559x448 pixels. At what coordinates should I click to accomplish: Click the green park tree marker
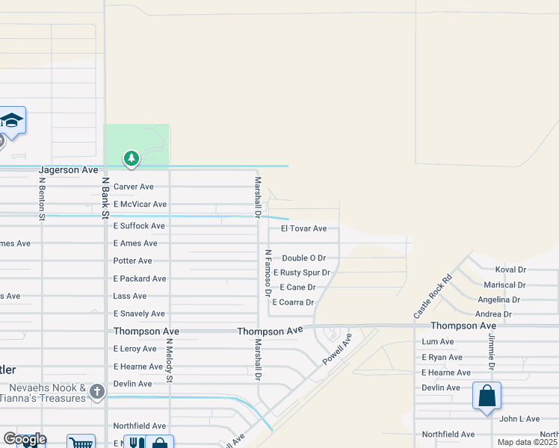132,158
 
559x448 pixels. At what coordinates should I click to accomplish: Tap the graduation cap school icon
11,120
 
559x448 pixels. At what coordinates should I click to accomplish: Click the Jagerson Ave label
69,170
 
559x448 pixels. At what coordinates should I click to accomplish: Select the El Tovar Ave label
303,228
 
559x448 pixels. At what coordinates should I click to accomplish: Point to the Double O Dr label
303,258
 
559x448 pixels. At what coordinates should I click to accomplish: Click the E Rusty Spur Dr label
301,273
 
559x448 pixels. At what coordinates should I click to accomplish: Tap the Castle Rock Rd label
433,296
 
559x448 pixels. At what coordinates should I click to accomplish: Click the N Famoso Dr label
267,273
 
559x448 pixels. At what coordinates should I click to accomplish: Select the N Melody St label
170,361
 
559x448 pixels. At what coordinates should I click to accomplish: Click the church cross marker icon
96,391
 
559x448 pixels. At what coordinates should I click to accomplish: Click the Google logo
25,438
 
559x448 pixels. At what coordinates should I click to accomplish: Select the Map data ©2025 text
526,442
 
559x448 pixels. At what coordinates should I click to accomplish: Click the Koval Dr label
510,270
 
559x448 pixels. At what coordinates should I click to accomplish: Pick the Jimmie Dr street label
492,349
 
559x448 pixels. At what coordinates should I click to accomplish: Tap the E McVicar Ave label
140,204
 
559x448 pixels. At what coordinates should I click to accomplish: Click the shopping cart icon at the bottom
81,442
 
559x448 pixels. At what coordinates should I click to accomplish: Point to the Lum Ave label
438,341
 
